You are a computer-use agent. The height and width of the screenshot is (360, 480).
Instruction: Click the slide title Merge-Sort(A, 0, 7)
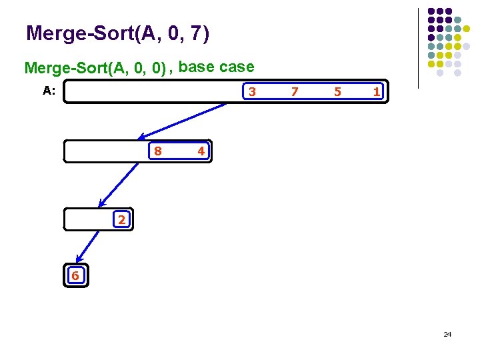coord(117,33)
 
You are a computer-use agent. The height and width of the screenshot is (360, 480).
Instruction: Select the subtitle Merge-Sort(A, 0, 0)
coord(95,68)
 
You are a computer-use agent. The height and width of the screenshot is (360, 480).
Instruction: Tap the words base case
coord(217,67)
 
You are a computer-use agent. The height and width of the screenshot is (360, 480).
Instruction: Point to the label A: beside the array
coord(49,91)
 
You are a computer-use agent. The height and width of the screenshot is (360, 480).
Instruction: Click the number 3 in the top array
coord(251,92)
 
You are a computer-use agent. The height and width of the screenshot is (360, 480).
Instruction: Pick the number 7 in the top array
coord(294,92)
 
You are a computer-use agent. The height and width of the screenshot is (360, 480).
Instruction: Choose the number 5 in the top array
coord(337,92)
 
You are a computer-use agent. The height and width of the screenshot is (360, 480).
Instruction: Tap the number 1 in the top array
coord(377,92)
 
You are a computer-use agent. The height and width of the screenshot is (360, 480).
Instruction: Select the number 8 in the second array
coord(157,151)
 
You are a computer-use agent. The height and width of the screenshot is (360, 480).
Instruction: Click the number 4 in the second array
coord(201,151)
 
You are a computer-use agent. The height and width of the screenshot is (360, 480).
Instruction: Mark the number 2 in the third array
coord(121,219)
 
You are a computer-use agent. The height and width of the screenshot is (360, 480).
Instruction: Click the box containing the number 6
coord(75,275)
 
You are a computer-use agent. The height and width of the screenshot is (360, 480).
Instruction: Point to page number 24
coord(447,333)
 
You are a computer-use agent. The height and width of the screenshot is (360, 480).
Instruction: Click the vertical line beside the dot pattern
coord(418,48)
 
